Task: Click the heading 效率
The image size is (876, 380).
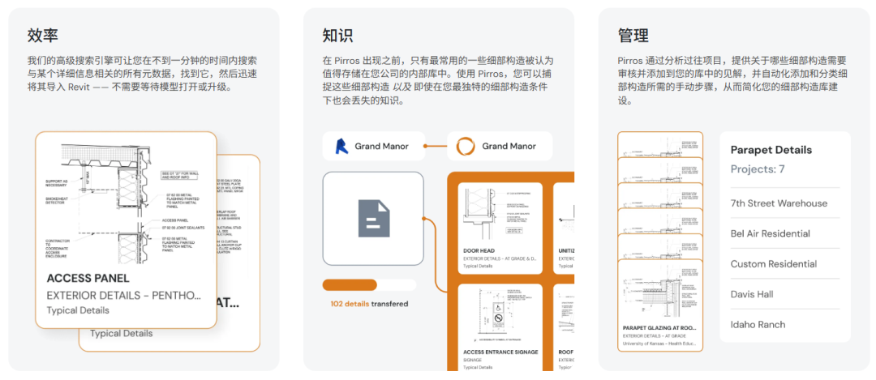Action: pos(42,35)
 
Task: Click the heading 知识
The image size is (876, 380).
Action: pos(337,35)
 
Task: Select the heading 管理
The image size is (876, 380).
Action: pos(633,35)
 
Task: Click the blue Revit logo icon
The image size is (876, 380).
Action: pos(341,146)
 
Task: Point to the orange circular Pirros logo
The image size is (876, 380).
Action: pos(466,146)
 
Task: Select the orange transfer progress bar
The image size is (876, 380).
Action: pos(350,284)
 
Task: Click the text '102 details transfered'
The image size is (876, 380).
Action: pos(369,304)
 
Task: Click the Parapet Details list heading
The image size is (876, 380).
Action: pos(771,150)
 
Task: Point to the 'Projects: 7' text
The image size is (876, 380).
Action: pos(758,169)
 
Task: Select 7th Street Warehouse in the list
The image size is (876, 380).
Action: pos(779,203)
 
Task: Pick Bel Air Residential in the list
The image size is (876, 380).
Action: pos(770,233)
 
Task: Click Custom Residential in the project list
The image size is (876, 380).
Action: pos(773,264)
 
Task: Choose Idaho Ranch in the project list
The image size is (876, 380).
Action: pos(758,325)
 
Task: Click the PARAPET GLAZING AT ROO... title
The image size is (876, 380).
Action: pos(659,328)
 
